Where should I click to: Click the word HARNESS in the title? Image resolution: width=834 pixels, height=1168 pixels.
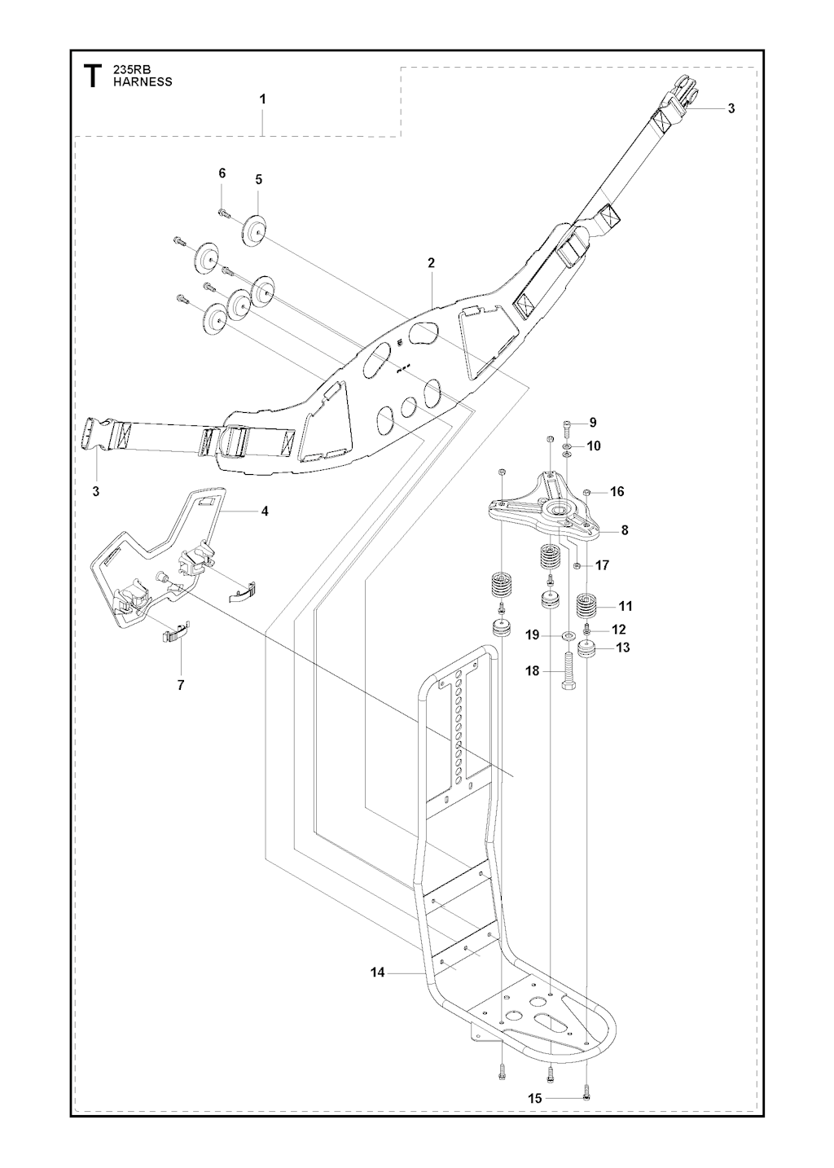143,82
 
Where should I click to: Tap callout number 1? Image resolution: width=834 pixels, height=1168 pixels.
262,99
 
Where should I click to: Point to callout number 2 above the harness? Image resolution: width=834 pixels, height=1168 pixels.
431,263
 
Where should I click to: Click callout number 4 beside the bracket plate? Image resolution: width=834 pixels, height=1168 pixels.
265,512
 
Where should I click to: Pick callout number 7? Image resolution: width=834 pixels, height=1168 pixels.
181,685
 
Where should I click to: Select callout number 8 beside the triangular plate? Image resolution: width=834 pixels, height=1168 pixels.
625,530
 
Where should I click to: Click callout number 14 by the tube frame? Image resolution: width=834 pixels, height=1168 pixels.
377,972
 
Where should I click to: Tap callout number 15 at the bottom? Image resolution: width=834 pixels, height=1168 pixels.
535,1098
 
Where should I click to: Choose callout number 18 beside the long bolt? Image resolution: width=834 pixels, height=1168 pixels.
533,670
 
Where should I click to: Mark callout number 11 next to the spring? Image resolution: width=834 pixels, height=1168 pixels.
625,606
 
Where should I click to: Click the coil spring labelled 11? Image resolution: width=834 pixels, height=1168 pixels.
587,608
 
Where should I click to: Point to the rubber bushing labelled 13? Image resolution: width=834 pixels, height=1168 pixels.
587,650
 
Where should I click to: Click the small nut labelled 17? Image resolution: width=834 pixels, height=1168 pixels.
577,565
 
